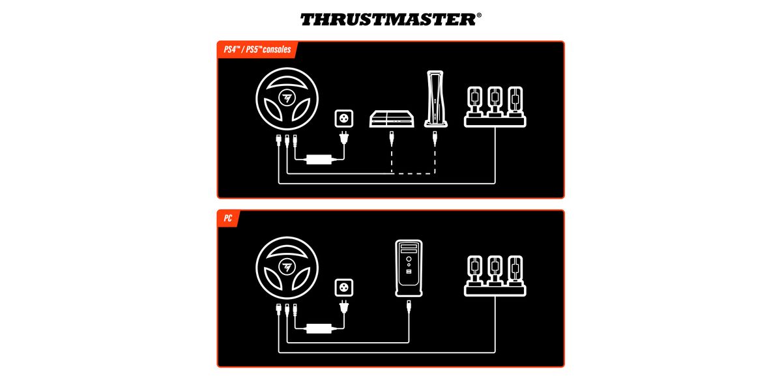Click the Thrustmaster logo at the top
click(x=388, y=20)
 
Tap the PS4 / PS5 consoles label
click(x=257, y=50)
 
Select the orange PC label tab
click(x=228, y=218)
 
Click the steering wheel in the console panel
click(x=287, y=99)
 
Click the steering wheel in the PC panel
click(x=287, y=268)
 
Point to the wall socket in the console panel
click(x=344, y=119)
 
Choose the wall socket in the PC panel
click(x=344, y=287)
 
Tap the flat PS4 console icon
click(x=392, y=119)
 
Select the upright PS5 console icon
click(x=436, y=99)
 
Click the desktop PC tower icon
click(x=409, y=268)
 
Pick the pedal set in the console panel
click(x=495, y=107)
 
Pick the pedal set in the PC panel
click(x=495, y=276)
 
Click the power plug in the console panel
click(x=344, y=138)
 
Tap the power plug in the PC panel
click(x=344, y=306)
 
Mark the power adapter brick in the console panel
click(x=319, y=160)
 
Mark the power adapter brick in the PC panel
click(x=319, y=328)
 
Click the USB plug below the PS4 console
click(x=392, y=139)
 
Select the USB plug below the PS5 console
click(x=435, y=139)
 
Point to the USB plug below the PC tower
click(x=409, y=308)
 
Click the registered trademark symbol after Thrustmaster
click(x=479, y=15)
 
